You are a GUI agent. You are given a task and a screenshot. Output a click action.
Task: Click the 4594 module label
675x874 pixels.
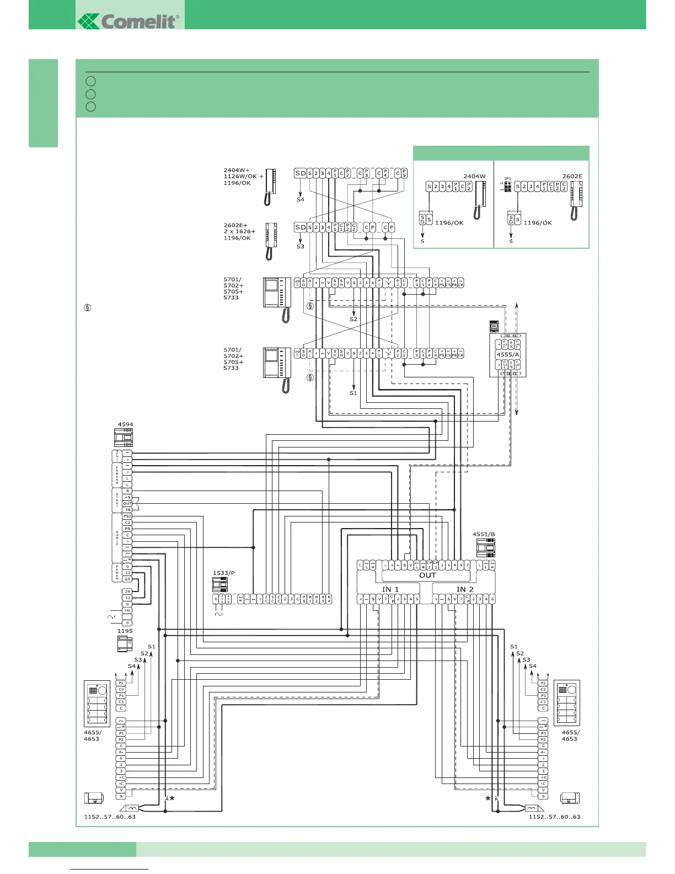click(125, 425)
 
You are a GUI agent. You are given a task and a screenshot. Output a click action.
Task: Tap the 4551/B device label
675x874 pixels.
click(484, 534)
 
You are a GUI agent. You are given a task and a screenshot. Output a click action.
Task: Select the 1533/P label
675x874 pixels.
click(223, 573)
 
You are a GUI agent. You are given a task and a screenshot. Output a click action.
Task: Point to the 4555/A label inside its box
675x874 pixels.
click(507, 355)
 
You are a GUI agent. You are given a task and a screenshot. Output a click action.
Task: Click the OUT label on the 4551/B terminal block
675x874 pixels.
click(427, 575)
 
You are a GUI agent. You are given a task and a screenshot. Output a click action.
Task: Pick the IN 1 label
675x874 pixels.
click(390, 589)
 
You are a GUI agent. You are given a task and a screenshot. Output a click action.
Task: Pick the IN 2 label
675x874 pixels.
click(465, 589)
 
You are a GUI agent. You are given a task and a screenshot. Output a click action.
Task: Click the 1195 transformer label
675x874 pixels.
click(125, 631)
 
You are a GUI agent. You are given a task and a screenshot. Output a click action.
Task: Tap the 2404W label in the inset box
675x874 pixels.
click(474, 177)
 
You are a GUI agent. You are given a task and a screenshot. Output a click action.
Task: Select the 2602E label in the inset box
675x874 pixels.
click(572, 177)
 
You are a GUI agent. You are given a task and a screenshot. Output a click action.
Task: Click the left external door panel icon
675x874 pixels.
click(96, 703)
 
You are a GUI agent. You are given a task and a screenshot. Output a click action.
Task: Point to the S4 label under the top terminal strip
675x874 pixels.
click(300, 199)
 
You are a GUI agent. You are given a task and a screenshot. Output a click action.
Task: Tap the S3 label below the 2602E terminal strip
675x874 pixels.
click(300, 246)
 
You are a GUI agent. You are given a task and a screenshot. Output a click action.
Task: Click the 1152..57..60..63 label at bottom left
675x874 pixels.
click(109, 817)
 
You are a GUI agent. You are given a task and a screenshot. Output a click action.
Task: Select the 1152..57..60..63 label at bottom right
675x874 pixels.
click(554, 817)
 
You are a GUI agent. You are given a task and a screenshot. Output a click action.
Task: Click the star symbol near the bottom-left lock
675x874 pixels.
click(173, 798)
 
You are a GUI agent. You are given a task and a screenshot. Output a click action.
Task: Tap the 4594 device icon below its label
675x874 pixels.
click(123, 438)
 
